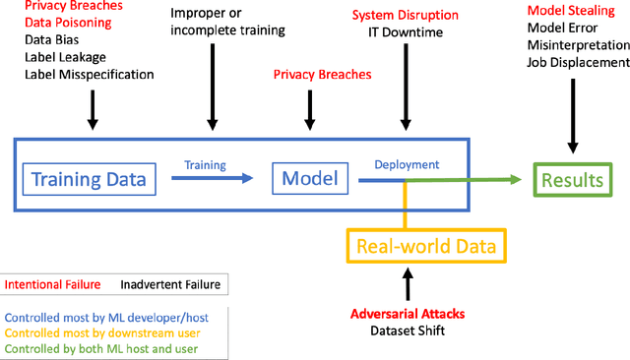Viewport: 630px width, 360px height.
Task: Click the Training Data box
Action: pos(90,179)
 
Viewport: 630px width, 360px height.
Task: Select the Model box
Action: pos(309,178)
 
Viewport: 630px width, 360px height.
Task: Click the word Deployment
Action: pos(407,164)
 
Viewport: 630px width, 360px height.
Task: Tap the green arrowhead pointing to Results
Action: pos(514,180)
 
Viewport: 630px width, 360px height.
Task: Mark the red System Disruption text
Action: pos(406,16)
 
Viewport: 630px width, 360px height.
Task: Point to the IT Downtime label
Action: pos(406,32)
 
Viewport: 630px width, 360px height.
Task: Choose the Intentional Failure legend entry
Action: pos(52,285)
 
